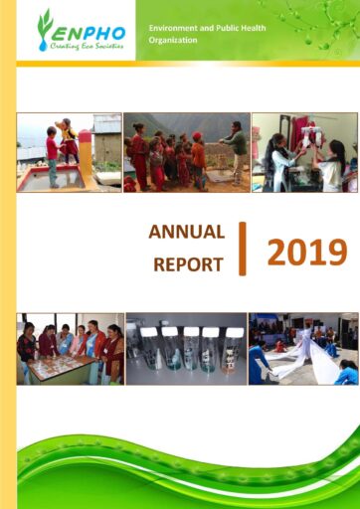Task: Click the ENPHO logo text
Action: point(89,33)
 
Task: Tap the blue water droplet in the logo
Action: point(43,46)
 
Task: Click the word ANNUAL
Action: point(187,232)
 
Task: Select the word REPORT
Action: point(188,264)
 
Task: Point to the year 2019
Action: point(307,253)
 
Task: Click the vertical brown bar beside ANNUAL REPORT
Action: point(243,249)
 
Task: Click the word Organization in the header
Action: point(173,40)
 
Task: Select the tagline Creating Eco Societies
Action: point(87,46)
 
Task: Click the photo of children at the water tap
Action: point(69,152)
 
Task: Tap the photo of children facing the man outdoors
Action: point(187,152)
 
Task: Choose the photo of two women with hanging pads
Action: point(304,152)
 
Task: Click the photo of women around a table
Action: point(71,349)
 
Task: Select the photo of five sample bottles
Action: point(186,349)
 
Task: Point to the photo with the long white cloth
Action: point(303,349)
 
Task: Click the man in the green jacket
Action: point(236,152)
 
